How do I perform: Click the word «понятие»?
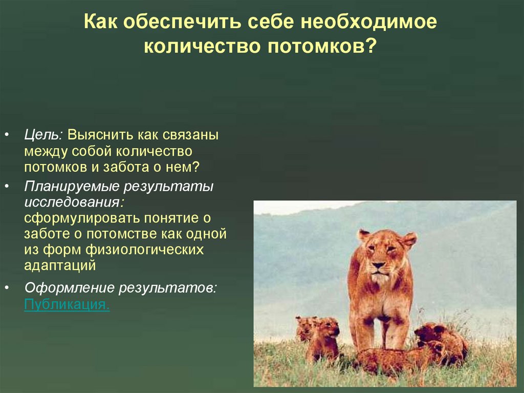pos(171,218)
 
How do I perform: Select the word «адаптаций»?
pos(60,266)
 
